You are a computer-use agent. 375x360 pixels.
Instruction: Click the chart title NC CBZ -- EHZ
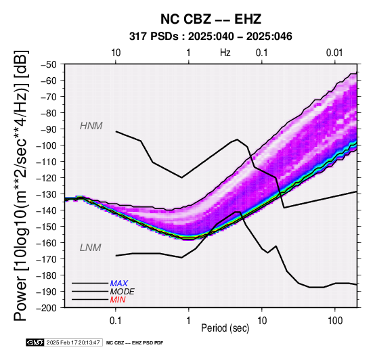coord(211,19)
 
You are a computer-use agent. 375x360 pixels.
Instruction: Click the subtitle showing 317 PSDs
coord(211,37)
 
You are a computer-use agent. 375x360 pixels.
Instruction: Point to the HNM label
coord(91,126)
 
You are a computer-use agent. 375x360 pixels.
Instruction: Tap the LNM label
coord(91,248)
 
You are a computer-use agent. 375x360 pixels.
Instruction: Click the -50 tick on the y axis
coord(49,64)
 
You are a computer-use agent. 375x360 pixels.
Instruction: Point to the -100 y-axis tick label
coord(47,145)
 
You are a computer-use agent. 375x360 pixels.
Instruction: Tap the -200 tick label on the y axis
coord(47,308)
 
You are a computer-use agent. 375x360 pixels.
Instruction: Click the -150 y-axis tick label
coord(47,227)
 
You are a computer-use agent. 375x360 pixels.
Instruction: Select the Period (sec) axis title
coord(225,328)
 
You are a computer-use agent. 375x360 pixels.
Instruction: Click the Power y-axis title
coord(21,185)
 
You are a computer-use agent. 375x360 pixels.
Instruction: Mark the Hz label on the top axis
coord(225,53)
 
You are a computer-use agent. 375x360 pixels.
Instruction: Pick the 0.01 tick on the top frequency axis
coord(334,53)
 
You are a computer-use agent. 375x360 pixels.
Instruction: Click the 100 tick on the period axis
coord(335,321)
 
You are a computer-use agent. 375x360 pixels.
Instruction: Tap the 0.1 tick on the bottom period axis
coord(116,321)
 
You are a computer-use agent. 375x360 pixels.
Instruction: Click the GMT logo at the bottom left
coord(35,342)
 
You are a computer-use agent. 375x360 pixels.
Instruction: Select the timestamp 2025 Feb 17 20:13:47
coord(73,342)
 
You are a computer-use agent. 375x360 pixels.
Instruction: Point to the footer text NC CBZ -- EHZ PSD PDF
coord(135,343)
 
